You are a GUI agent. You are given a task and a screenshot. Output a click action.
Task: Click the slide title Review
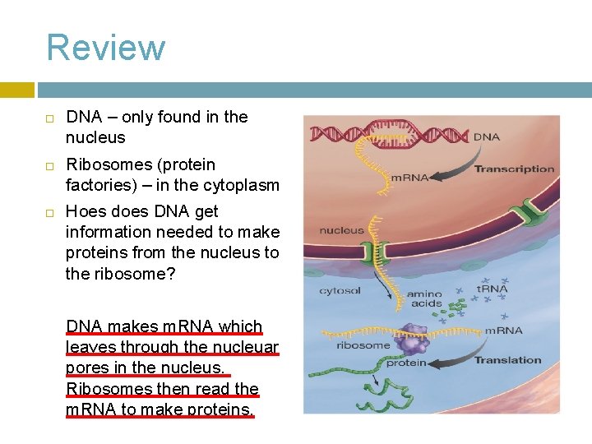pos(105,48)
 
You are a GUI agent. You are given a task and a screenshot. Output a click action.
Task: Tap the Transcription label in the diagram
pos(514,169)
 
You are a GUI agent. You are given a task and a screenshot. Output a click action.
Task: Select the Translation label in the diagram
pos(507,360)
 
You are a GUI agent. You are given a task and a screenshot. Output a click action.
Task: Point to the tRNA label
pos(493,288)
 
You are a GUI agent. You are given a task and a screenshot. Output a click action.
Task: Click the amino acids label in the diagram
pos(423,299)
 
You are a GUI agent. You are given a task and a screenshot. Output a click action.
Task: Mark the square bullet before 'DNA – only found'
pos(49,118)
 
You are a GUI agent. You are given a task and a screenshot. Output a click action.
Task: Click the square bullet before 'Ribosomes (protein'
pos(49,166)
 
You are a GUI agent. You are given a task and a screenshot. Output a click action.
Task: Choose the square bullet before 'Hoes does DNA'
pos(49,213)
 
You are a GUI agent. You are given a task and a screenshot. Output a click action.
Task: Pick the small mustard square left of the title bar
pos(17,90)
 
